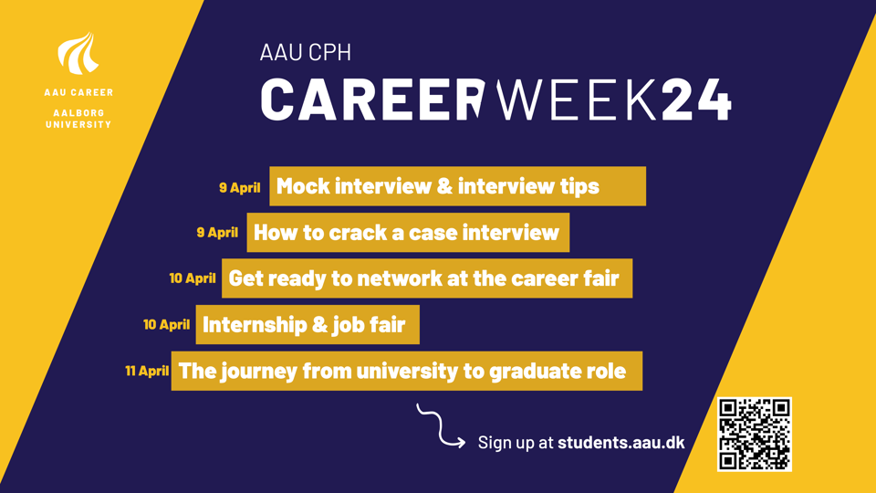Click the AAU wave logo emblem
[78, 54]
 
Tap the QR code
[755, 434]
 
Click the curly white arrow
[441, 426]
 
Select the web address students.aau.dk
[621, 442]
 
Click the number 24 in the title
[696, 99]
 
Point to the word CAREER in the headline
[372, 99]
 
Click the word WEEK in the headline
[576, 99]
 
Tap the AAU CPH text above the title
[306, 53]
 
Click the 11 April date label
[147, 371]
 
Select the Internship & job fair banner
[308, 325]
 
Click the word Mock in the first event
[303, 186]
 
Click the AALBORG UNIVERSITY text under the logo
[78, 119]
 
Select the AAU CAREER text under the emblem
[78, 92]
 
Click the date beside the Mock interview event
[240, 187]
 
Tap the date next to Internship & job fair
[166, 325]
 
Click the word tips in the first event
[579, 186]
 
